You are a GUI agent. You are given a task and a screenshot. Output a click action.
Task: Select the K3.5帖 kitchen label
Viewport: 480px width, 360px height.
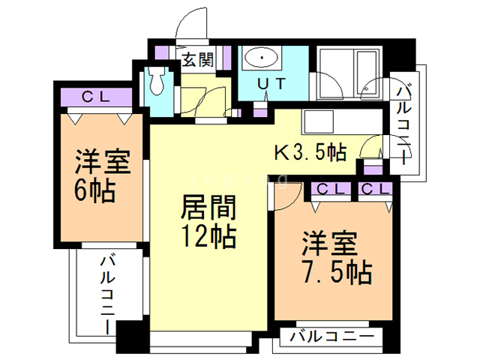(310, 153)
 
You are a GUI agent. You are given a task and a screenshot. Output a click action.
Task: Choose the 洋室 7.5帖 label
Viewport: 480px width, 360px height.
(335, 258)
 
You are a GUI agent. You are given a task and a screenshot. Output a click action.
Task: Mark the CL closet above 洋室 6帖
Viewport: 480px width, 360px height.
(94, 97)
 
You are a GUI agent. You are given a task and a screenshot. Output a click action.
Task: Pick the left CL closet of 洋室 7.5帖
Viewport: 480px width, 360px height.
(330, 188)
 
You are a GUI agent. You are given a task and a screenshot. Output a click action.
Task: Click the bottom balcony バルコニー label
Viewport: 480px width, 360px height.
(330, 337)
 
